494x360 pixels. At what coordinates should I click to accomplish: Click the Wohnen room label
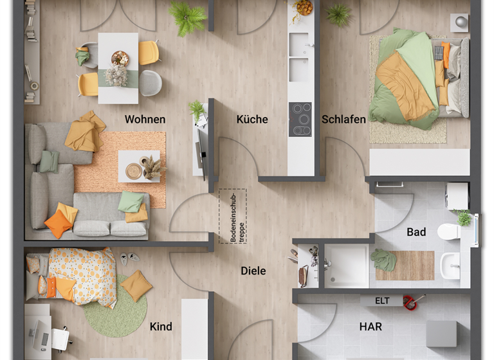(x=145, y=120)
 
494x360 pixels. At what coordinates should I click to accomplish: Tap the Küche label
(x=252, y=120)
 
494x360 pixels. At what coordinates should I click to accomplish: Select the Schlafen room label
(x=343, y=120)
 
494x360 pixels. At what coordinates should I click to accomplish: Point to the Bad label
(x=416, y=232)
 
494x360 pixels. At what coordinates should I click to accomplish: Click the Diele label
(x=253, y=271)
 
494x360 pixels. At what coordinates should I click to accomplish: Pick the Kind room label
(x=161, y=327)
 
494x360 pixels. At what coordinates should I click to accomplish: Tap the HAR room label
(x=370, y=327)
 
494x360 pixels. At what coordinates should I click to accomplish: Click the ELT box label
(x=384, y=300)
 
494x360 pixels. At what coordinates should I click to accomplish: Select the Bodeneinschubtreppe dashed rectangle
(x=232, y=216)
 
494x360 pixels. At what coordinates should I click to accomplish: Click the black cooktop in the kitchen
(x=300, y=119)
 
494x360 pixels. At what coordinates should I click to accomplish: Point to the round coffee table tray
(x=134, y=170)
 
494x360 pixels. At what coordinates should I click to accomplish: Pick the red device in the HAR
(x=408, y=300)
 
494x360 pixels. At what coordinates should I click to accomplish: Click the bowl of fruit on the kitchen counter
(x=304, y=8)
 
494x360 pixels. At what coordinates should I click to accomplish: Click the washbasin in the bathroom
(x=450, y=263)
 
